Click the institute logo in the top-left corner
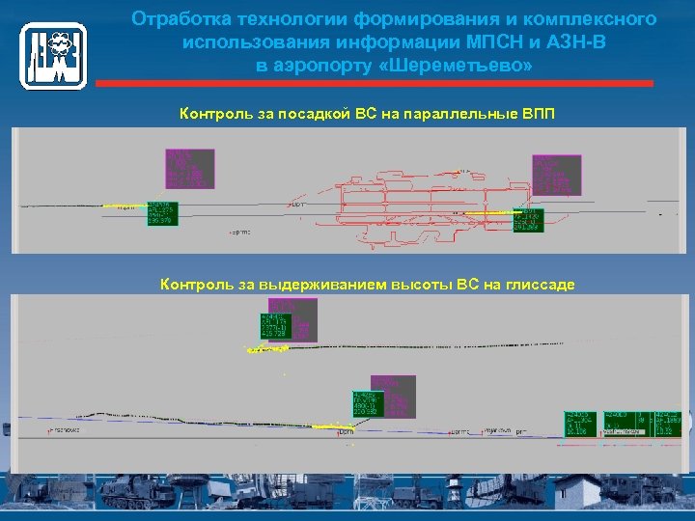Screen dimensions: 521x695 point(53,56)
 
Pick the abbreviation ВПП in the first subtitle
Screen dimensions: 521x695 point(538,115)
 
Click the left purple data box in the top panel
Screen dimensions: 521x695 point(191,168)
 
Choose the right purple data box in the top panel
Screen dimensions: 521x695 point(555,175)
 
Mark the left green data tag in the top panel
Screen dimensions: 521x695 point(161,212)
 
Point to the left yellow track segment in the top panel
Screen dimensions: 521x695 point(123,206)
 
